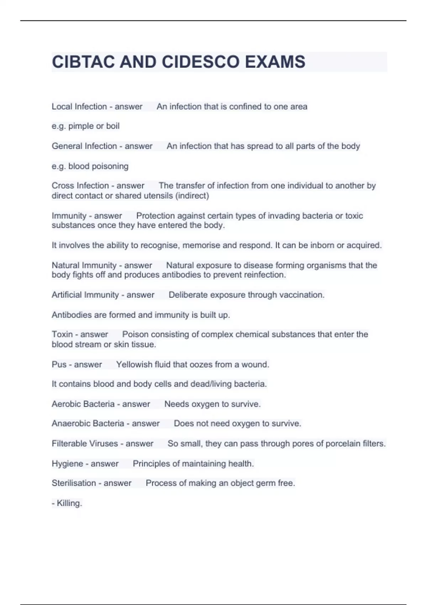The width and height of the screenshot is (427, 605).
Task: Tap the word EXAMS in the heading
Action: (275, 62)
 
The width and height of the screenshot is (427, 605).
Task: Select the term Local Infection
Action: (79, 107)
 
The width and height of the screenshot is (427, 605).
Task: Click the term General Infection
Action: (84, 146)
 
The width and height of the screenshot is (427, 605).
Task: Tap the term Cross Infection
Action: (80, 186)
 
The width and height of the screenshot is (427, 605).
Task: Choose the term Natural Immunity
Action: (84, 265)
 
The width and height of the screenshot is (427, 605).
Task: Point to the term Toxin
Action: (62, 335)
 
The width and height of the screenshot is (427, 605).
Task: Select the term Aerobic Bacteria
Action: (83, 404)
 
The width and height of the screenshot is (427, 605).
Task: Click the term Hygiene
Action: (67, 464)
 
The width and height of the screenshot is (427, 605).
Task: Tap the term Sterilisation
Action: (74, 483)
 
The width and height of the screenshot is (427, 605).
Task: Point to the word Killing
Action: (69, 503)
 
